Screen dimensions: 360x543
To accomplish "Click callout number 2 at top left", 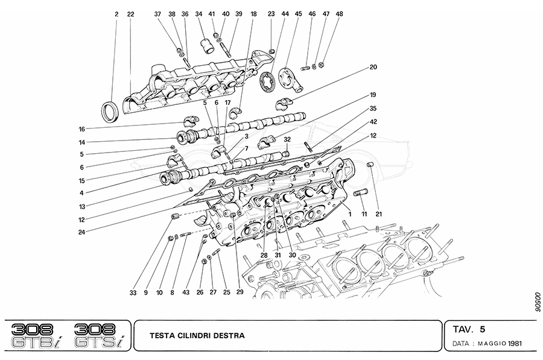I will (116, 13).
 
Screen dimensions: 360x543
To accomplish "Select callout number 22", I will (131, 13).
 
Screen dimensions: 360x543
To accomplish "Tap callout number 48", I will (340, 13).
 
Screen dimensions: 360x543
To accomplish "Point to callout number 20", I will (373, 67).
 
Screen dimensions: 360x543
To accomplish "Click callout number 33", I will (133, 293).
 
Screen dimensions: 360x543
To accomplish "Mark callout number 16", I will (81, 128).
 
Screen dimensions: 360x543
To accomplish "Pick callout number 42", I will (373, 121).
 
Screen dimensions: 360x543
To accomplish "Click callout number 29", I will (240, 293).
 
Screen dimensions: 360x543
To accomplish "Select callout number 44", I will (284, 13).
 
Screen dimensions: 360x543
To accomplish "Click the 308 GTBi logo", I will (33, 336).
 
